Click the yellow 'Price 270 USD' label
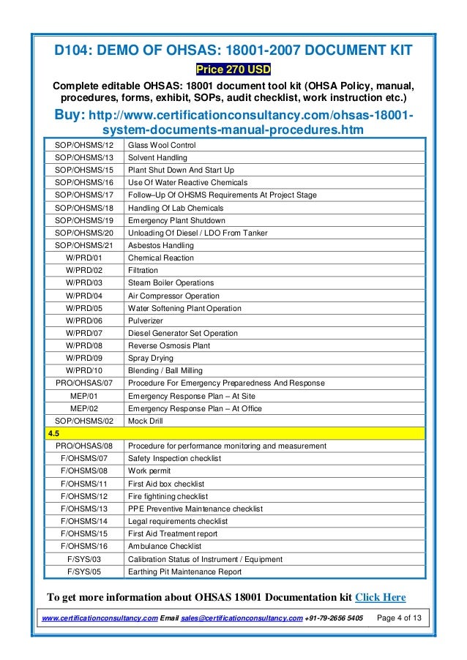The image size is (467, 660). tap(233, 70)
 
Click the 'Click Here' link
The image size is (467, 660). tap(380, 597)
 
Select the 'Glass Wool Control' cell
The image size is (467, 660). tap(162, 145)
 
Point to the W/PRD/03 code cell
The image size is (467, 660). tap(83, 282)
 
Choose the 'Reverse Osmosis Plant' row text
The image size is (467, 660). tap(168, 345)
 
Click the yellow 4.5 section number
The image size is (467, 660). tap(53, 433)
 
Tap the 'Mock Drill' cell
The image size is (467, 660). tap(146, 421)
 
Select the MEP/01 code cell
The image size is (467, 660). tap(83, 396)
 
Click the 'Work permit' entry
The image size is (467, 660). tap(149, 471)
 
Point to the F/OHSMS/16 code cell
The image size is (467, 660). tap(83, 547)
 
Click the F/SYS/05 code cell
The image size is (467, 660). tap(83, 571)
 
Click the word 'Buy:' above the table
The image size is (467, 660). tap(70, 115)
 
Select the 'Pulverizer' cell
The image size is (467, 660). tap(146, 320)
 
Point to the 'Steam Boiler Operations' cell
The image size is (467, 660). tap(171, 282)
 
